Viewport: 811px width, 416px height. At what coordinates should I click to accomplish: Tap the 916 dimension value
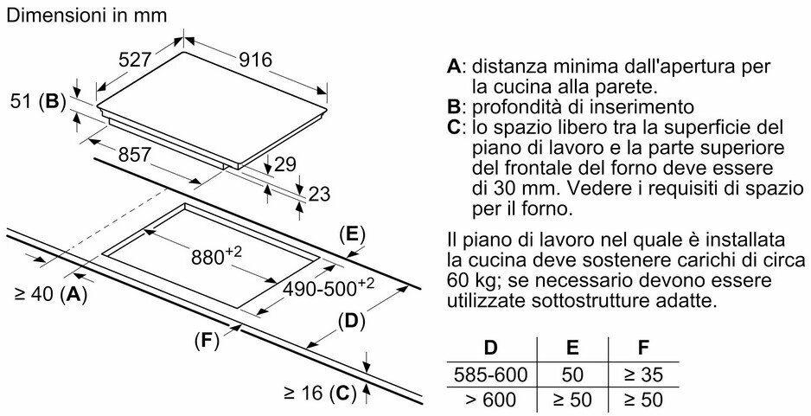coord(255,60)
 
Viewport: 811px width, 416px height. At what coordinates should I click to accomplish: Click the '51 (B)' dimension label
coord(35,101)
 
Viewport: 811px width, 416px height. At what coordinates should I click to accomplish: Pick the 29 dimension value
coord(285,163)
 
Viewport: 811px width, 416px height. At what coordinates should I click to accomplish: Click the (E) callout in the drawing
coord(351,234)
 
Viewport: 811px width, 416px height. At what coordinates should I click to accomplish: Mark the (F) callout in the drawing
coord(204,340)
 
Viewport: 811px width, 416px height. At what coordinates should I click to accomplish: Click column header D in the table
coord(490,349)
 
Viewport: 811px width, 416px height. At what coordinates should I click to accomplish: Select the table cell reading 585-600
coord(490,375)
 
